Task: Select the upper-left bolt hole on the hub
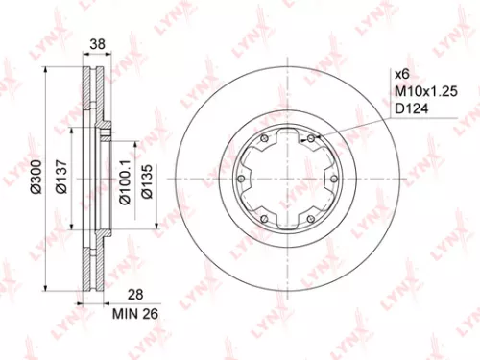(x=264, y=138)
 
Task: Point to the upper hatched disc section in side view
(x=90, y=96)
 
